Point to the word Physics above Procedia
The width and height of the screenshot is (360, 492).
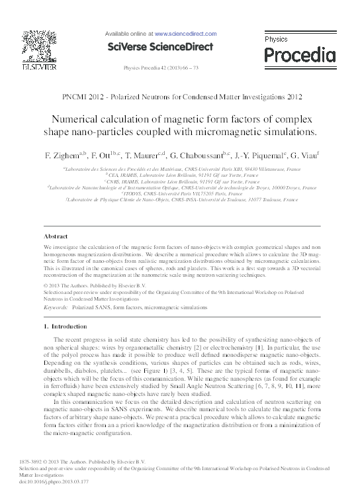[276, 40]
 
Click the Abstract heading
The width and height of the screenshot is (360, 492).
[55, 236]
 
